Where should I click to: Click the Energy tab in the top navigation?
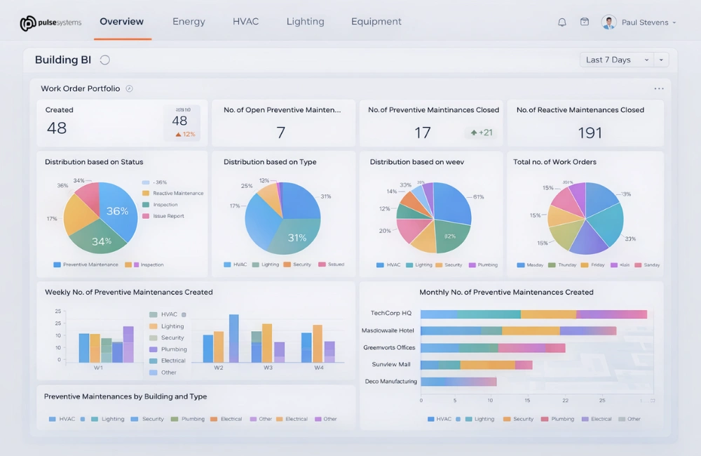click(189, 22)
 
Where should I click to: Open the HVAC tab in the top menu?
click(245, 22)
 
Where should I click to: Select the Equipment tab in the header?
click(376, 22)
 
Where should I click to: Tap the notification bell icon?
click(562, 22)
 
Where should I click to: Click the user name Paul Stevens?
click(644, 22)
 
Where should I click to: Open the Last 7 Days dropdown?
click(616, 60)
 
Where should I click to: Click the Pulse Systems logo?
click(50, 23)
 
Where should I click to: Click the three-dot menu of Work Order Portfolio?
click(658, 89)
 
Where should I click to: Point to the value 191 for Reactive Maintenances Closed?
click(590, 133)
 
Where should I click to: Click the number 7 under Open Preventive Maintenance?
click(280, 133)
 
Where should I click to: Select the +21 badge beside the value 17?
click(482, 133)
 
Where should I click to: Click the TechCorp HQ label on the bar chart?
click(390, 314)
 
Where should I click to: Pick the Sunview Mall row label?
click(390, 365)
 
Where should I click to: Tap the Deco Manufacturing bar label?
click(390, 382)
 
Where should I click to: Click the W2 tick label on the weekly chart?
click(219, 368)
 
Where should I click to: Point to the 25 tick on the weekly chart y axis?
click(57, 311)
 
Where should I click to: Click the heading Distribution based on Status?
click(94, 162)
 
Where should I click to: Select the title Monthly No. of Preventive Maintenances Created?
click(506, 293)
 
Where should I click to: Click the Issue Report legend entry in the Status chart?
click(168, 216)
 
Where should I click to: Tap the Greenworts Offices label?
click(389, 348)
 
